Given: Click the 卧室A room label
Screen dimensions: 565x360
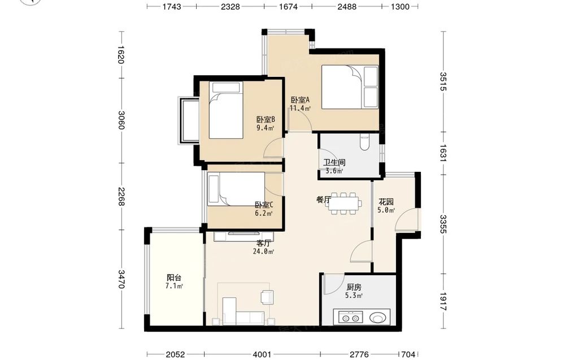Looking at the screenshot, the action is click(x=300, y=100).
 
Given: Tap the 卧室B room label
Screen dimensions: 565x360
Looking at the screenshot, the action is click(x=266, y=119).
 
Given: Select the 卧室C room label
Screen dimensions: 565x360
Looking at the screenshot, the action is click(x=264, y=205).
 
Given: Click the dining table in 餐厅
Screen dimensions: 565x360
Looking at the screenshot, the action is click(x=344, y=203).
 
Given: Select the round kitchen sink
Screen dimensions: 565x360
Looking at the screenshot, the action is click(x=378, y=318).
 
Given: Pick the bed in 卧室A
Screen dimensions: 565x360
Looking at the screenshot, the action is click(x=350, y=87).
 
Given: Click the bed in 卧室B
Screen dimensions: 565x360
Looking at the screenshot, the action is click(x=227, y=110).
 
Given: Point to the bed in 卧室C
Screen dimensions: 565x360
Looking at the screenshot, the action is click(x=236, y=189).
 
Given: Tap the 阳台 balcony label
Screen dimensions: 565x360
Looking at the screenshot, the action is click(x=173, y=277).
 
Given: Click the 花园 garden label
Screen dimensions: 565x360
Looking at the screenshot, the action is click(x=385, y=202).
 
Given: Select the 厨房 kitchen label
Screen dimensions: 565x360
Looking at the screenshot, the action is click(x=354, y=287).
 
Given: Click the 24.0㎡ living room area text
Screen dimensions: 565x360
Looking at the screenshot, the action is click(x=263, y=251).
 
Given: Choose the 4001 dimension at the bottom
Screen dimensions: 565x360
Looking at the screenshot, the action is click(x=262, y=354).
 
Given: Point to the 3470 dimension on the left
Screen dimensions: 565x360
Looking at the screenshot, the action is click(x=121, y=279).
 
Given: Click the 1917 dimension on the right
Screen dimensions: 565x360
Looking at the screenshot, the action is click(x=443, y=302).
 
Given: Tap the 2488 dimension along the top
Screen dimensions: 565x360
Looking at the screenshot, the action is click(x=347, y=6).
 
